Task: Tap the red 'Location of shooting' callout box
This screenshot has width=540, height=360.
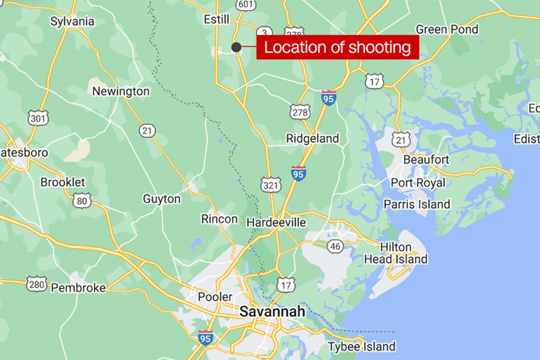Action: (x=337, y=47)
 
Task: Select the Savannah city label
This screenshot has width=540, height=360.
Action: (x=272, y=311)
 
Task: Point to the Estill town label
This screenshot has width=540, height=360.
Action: (x=217, y=19)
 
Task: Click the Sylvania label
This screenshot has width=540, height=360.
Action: (x=72, y=21)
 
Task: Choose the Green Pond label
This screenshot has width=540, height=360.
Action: (x=447, y=29)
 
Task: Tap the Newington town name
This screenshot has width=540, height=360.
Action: (x=121, y=91)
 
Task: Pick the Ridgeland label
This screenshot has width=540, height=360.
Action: (x=312, y=138)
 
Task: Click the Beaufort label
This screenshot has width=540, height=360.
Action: (x=426, y=160)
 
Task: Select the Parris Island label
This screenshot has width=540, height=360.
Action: (x=417, y=204)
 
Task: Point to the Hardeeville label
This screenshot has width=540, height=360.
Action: (x=276, y=222)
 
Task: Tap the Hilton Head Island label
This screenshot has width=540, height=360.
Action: (x=402, y=253)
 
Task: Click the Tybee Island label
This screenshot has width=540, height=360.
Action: (x=361, y=346)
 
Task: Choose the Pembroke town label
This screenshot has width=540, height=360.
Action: (x=78, y=287)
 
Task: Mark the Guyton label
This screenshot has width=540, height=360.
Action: (x=161, y=198)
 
